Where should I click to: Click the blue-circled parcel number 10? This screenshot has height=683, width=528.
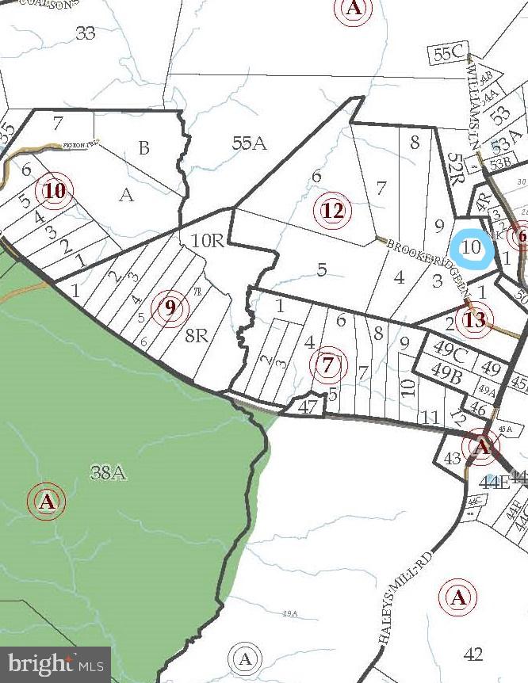(472, 246)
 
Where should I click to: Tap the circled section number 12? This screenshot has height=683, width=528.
(333, 211)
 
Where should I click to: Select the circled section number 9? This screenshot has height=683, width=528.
(170, 307)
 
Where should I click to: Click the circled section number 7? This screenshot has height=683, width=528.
(329, 365)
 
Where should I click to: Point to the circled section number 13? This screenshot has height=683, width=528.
(474, 320)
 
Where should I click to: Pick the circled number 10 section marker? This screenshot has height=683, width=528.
(55, 191)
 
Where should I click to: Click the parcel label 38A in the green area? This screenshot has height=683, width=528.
(109, 473)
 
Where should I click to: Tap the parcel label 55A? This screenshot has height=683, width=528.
(249, 143)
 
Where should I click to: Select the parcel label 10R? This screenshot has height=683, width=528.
(208, 240)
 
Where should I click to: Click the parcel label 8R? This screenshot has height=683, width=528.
(196, 335)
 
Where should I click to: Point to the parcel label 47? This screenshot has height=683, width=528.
(308, 406)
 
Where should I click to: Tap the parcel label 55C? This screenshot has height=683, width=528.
(448, 53)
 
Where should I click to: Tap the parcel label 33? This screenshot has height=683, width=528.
(85, 32)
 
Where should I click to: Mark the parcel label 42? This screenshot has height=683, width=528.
(473, 654)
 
